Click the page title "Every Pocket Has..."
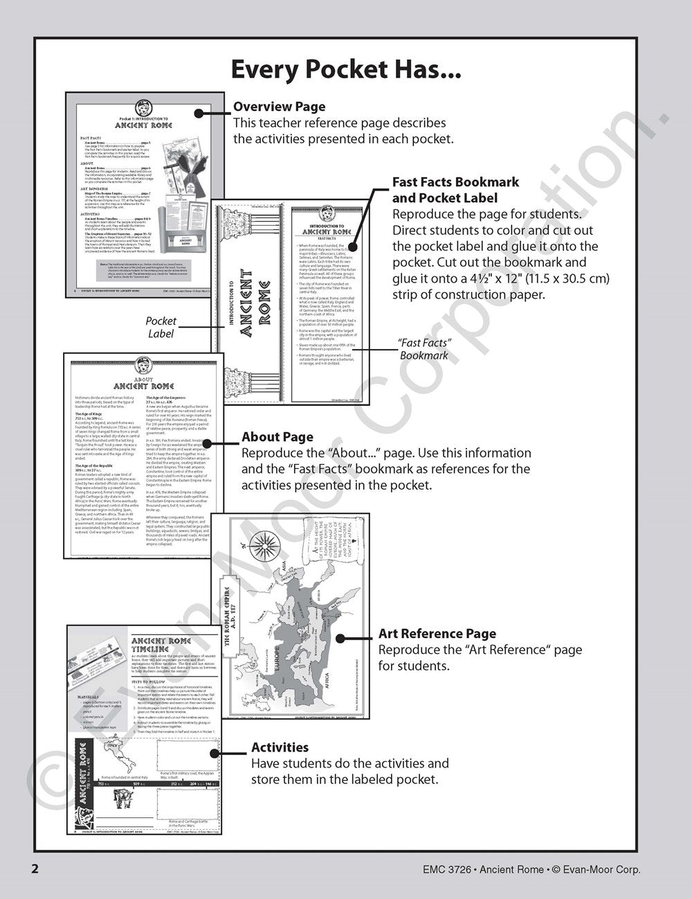point(345,70)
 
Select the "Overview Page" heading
point(279,107)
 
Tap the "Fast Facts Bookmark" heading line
point(455,182)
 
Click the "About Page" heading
point(277,437)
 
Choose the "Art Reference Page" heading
point(437,633)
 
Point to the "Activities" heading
point(280,747)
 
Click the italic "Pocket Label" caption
point(161,328)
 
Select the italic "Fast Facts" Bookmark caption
point(424,349)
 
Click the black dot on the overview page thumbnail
point(198,113)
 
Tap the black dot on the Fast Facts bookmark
point(352,246)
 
